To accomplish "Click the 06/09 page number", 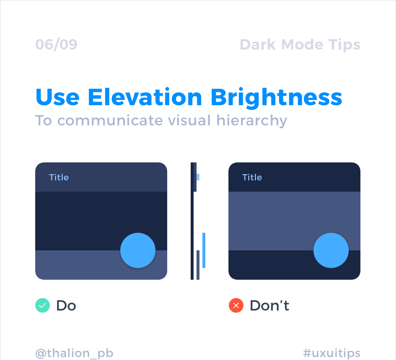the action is (x=56, y=45).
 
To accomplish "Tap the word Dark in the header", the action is (x=258, y=45).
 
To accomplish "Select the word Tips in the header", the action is (x=344, y=45).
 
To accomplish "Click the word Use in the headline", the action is (x=58, y=97).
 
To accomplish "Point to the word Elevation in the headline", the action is (x=145, y=97).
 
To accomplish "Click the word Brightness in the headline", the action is (x=276, y=98).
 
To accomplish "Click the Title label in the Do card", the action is (x=59, y=177).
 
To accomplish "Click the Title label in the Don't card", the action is (x=252, y=177).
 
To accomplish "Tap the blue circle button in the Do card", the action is (x=138, y=250).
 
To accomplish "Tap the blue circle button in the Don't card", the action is (x=331, y=250).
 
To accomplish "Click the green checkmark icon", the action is (x=43, y=305).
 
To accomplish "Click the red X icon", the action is (x=236, y=305).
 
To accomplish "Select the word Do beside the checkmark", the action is (x=66, y=306).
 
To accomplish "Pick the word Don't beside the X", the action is (x=269, y=305).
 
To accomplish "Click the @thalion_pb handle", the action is (x=74, y=353).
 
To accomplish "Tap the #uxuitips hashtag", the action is (x=331, y=353).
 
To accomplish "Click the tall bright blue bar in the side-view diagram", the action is (x=204, y=250).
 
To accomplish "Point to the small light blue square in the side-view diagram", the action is (x=198, y=177).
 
